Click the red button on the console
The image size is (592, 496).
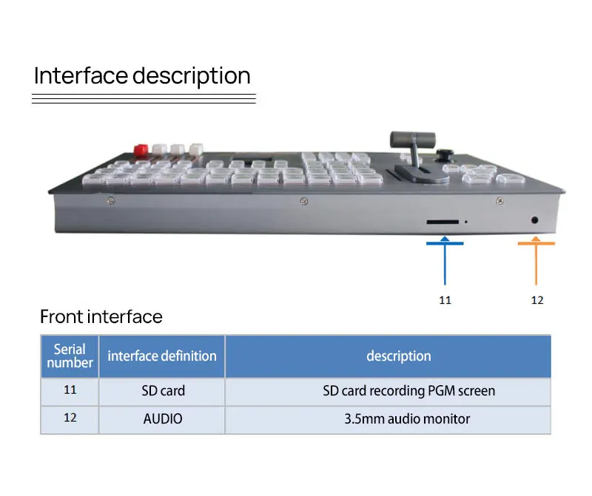(139, 149)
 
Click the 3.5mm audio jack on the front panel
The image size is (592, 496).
(535, 220)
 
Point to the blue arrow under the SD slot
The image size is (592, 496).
(445, 259)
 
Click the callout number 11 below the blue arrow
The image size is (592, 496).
(445, 300)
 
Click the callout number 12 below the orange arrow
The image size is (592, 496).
(537, 300)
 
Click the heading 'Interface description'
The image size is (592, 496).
(142, 76)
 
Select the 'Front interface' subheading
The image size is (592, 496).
(101, 317)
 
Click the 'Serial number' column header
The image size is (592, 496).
(70, 356)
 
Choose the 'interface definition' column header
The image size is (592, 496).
(162, 356)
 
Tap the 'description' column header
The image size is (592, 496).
(398, 356)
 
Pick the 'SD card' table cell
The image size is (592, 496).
(163, 390)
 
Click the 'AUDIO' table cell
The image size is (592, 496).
(163, 418)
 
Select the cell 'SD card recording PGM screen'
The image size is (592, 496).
(408, 390)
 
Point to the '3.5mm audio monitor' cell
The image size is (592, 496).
(407, 418)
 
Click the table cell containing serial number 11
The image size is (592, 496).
(70, 390)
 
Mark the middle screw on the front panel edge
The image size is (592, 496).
(303, 201)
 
